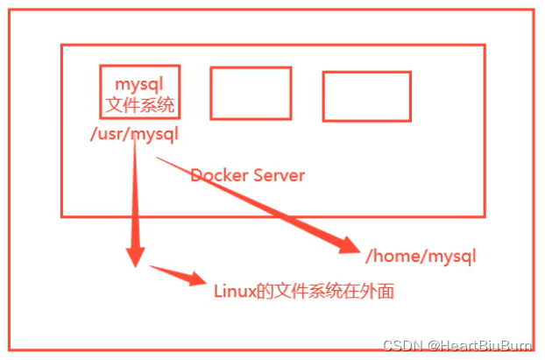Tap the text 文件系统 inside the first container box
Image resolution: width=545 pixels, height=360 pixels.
[140, 106]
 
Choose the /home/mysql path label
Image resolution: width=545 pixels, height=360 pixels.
[421, 256]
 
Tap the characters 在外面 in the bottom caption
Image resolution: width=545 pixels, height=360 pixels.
[371, 291]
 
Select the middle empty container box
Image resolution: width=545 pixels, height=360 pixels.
[251, 93]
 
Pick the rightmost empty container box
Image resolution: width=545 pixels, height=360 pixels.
[366, 96]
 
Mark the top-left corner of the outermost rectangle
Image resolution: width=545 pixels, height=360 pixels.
[8, 11]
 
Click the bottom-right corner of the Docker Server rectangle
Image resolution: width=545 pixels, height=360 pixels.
[485, 215]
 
